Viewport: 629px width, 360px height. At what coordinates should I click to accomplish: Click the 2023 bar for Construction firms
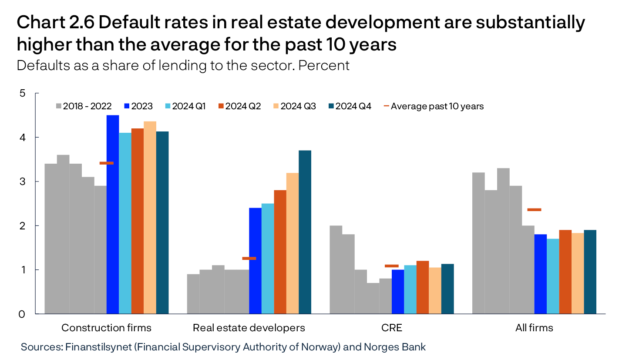[x=113, y=214]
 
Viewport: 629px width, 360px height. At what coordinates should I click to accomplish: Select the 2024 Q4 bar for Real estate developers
[x=305, y=232]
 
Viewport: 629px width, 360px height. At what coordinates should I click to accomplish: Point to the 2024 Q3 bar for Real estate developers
[x=293, y=243]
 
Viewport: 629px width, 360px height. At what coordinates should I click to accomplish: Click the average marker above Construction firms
[x=107, y=163]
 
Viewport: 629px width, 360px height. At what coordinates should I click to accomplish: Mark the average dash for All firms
[x=534, y=210]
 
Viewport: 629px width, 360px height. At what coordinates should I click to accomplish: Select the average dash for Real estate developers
[x=249, y=259]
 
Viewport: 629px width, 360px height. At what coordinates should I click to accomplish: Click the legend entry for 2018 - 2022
[x=84, y=106]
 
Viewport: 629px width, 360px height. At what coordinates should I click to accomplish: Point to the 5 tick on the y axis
[x=23, y=94]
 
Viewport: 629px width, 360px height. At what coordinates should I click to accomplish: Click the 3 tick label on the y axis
[x=23, y=182]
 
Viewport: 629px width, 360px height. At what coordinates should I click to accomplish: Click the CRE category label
[x=391, y=328]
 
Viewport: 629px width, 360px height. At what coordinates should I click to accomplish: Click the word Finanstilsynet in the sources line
[x=92, y=347]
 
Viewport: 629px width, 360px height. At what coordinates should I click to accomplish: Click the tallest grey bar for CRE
[x=336, y=269]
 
